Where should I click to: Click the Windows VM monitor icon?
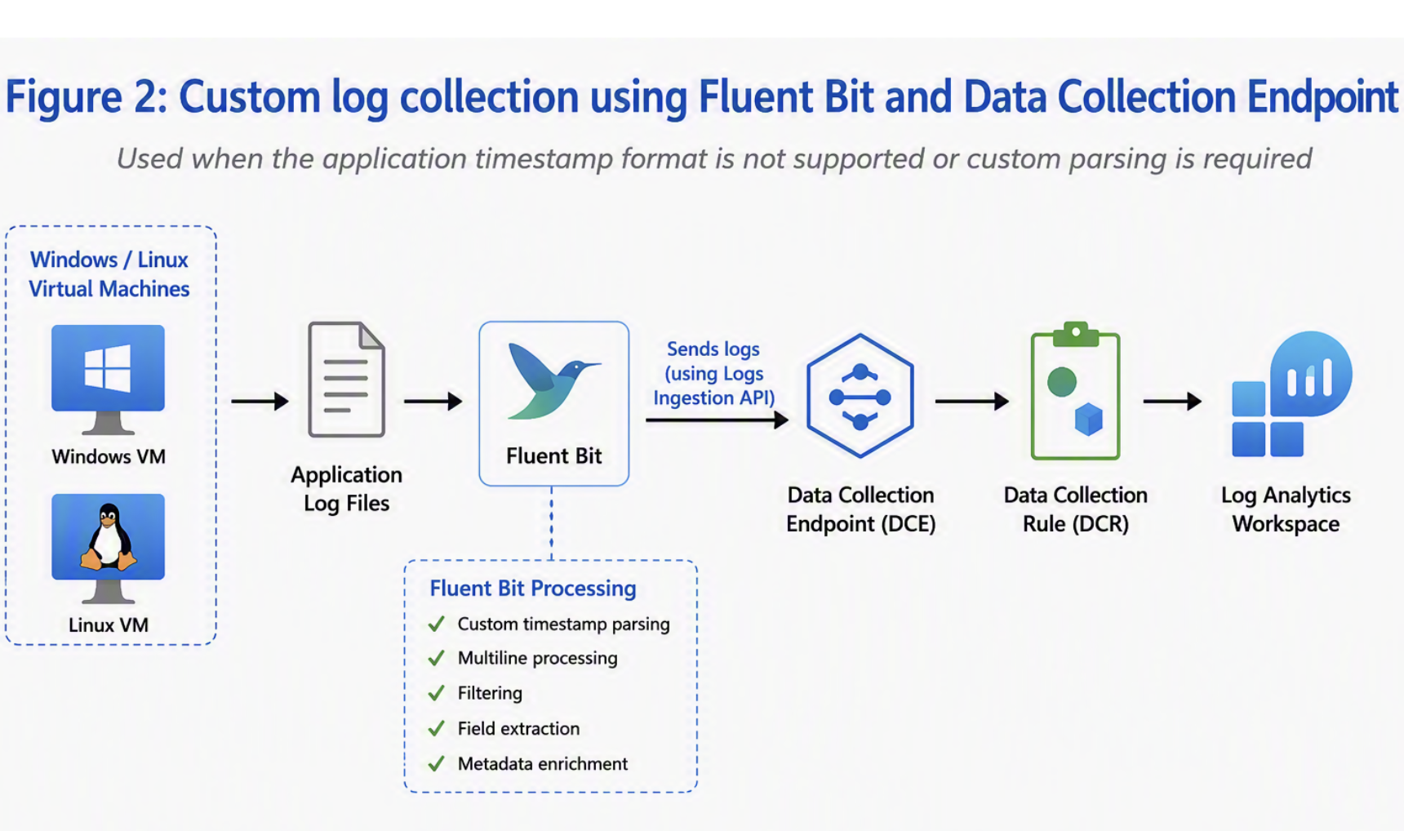pyautogui.click(x=108, y=379)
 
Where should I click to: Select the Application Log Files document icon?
pyautogui.click(x=346, y=380)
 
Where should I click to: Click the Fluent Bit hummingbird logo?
pyautogui.click(x=554, y=380)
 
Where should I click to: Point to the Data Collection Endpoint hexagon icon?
pyautogui.click(x=860, y=396)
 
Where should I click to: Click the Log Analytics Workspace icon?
pyautogui.click(x=1291, y=393)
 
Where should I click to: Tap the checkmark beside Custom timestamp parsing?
pyautogui.click(x=437, y=624)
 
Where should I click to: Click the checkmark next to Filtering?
pyautogui.click(x=437, y=693)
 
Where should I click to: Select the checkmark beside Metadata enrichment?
pyautogui.click(x=437, y=763)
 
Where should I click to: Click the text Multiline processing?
pyautogui.click(x=537, y=658)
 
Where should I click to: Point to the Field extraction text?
pyautogui.click(x=518, y=728)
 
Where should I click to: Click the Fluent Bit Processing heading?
pyautogui.click(x=533, y=589)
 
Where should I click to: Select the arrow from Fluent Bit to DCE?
pyautogui.click(x=717, y=420)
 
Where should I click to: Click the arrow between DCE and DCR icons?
pyautogui.click(x=972, y=401)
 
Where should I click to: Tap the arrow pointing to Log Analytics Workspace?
pyautogui.click(x=1173, y=401)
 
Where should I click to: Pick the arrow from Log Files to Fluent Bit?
pyautogui.click(x=433, y=401)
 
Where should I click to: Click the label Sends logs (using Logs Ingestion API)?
pyautogui.click(x=713, y=373)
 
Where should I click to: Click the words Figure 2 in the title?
pyautogui.click(x=86, y=96)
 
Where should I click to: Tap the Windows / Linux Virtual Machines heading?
pyautogui.click(x=109, y=274)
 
